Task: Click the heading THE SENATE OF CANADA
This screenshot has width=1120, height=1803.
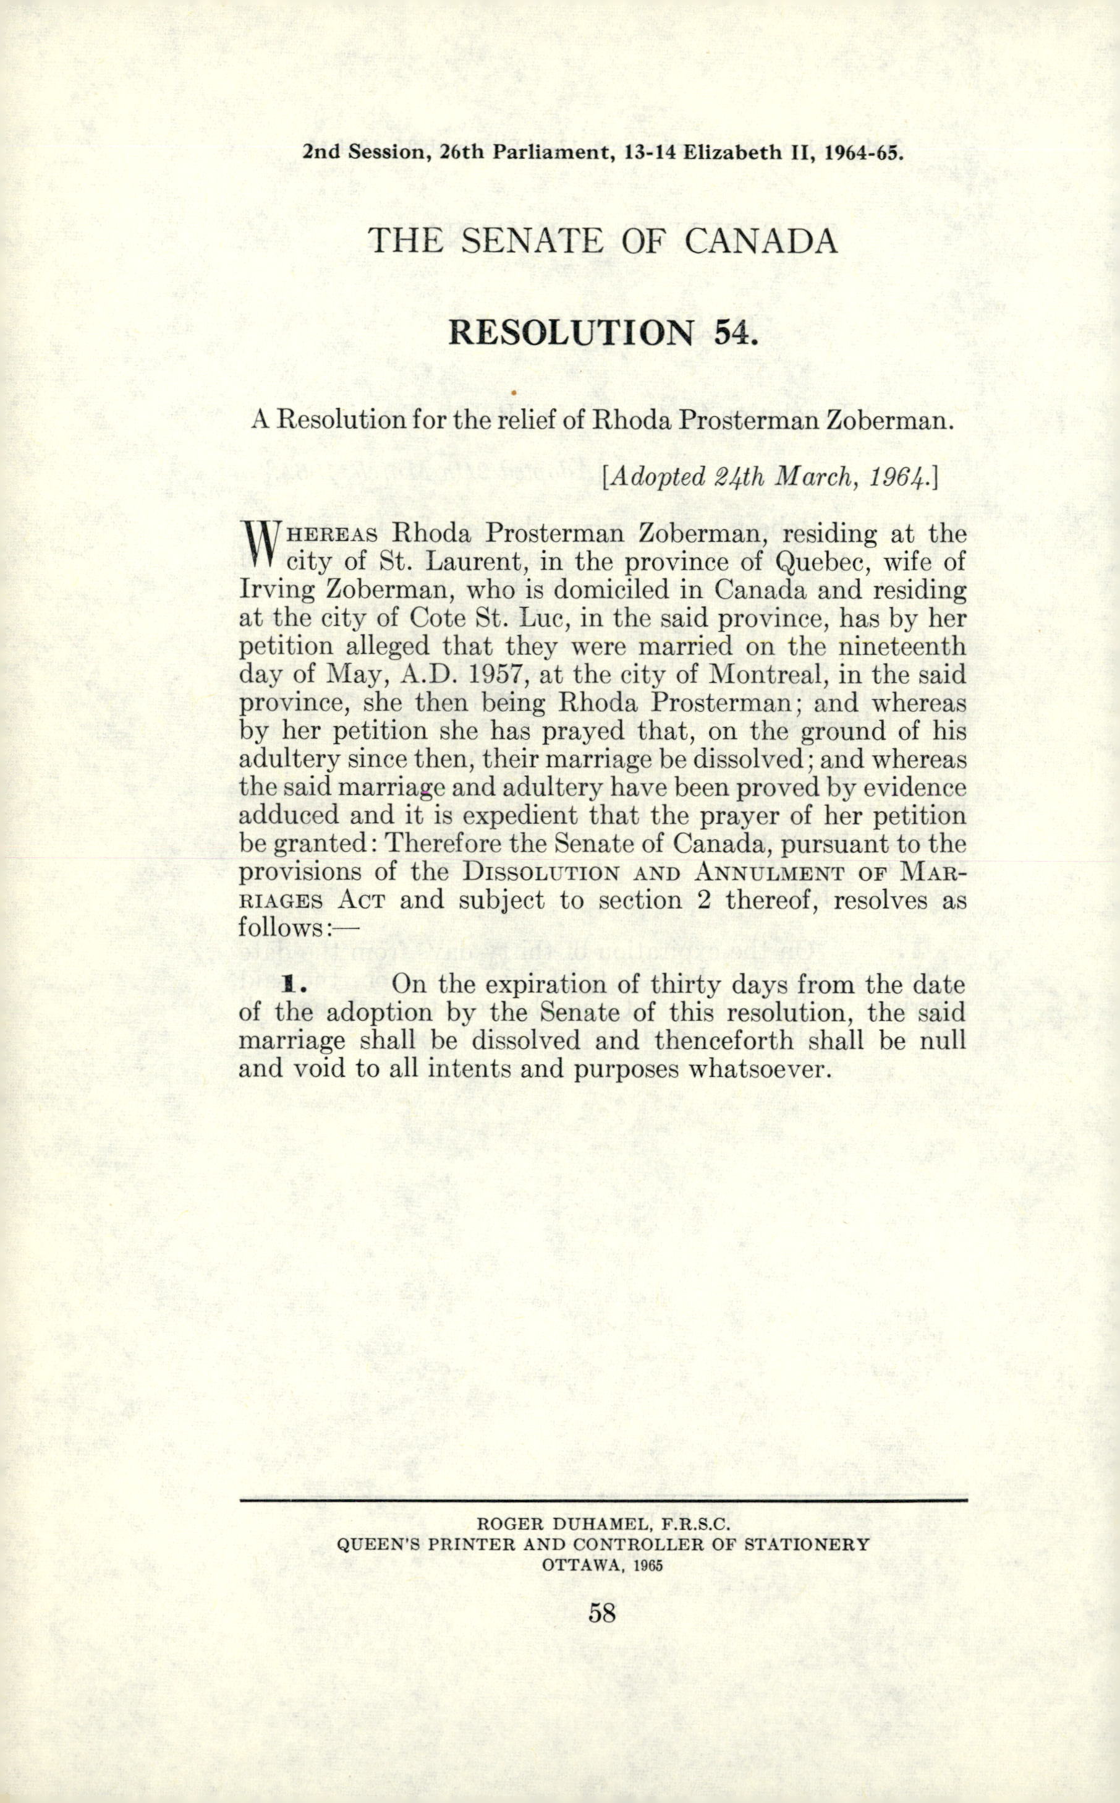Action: pos(603,242)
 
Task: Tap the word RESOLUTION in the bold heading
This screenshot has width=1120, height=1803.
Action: pos(571,333)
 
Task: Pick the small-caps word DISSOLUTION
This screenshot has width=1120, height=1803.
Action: pos(541,872)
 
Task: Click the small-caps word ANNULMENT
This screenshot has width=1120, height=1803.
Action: pos(770,872)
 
